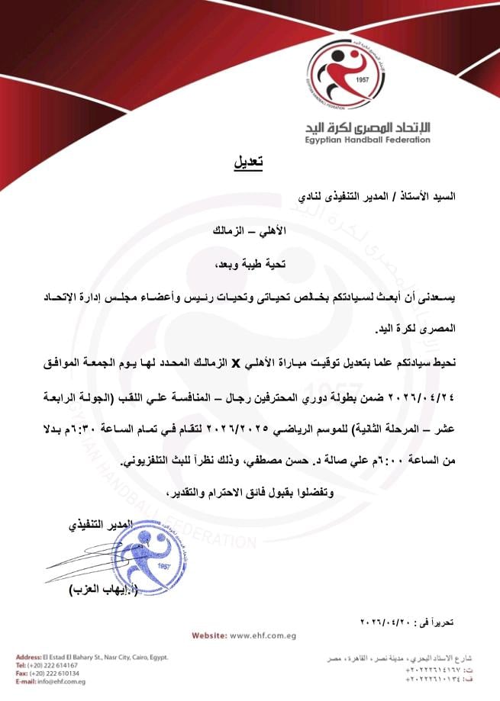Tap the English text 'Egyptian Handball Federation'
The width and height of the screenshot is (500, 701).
(x=369, y=140)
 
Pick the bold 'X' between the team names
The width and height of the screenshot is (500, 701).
(x=236, y=364)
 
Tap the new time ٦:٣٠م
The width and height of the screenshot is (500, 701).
(x=66, y=431)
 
